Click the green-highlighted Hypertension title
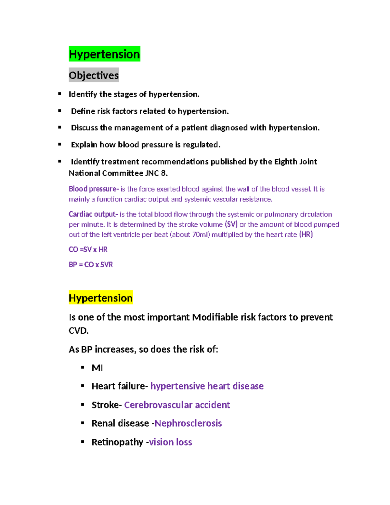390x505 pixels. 104,54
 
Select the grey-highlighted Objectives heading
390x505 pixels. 94,75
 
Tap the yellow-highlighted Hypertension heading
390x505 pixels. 101,298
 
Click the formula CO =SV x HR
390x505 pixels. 88,249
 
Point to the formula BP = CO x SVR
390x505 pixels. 91,265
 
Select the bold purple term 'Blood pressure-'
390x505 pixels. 94,189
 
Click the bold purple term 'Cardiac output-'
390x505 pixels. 93,214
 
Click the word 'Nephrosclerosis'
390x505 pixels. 188,423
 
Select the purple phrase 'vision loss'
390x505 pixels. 171,442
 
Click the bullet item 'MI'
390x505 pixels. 97,368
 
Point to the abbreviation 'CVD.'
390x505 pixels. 79,331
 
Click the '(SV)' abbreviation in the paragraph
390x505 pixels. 231,224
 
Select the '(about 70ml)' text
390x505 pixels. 190,234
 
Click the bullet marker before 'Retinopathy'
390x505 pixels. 83,442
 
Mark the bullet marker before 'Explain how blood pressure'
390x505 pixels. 60,144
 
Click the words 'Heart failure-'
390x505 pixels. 120,386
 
